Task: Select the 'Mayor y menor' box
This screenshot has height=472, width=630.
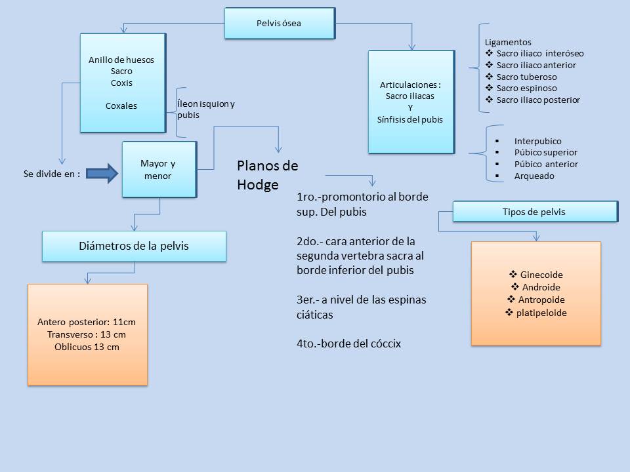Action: tap(159, 170)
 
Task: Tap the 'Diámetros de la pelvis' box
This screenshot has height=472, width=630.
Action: tap(134, 246)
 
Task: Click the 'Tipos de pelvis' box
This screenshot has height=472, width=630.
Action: tap(534, 212)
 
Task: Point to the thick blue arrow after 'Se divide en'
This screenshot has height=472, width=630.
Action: tap(102, 174)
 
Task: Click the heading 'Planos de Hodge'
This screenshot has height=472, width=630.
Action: tap(267, 174)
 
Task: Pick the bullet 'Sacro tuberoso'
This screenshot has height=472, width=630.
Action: tap(526, 77)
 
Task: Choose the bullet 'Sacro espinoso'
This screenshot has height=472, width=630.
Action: tap(526, 88)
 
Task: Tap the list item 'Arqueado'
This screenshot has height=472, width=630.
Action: tap(534, 176)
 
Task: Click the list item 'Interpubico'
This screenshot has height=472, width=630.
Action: tap(537, 141)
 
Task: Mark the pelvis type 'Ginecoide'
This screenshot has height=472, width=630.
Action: tap(541, 275)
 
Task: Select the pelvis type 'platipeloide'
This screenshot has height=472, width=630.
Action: tap(541, 313)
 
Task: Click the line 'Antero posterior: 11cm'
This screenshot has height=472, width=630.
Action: tap(87, 322)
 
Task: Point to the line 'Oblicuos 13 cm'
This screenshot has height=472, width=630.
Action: tap(87, 347)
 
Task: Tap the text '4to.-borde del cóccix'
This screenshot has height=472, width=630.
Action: tap(348, 343)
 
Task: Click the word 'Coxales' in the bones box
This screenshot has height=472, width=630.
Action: tap(121, 106)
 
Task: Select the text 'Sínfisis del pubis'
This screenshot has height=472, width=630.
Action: tap(410, 119)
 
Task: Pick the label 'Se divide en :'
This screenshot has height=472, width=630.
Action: tap(51, 174)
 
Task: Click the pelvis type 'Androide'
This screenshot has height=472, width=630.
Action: tap(541, 287)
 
